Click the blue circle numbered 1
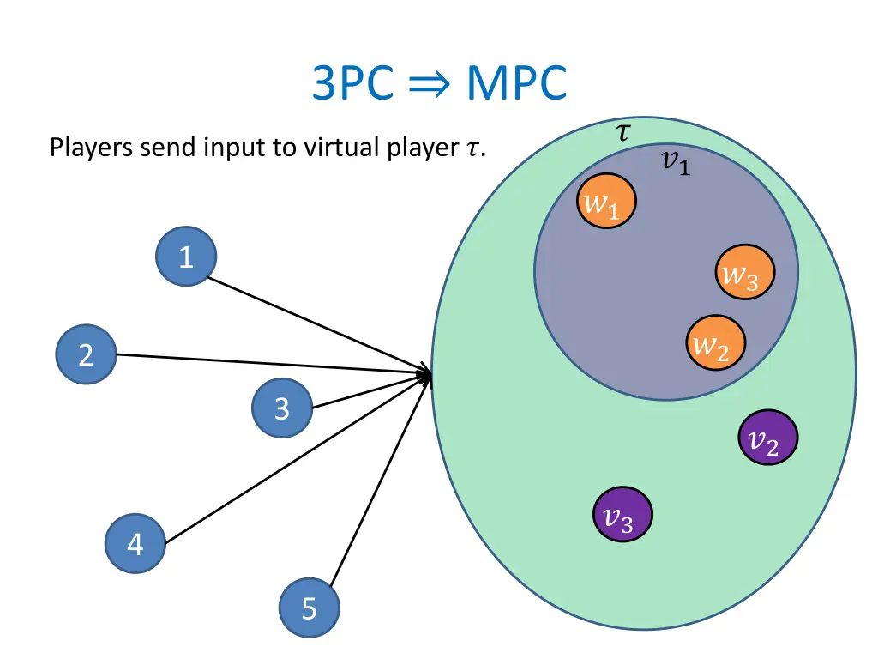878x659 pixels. pos(186,256)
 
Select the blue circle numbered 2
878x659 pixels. pos(87,354)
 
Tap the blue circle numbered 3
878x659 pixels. pos(282,408)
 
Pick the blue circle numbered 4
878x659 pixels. pos(135,544)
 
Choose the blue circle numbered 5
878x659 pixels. pos(310,608)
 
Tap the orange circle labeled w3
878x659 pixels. pos(745,273)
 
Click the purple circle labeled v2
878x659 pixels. pos(768,438)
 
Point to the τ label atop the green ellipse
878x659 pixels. pos(623,131)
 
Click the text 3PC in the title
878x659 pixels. pos(352,84)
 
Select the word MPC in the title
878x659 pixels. pos(516,84)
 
